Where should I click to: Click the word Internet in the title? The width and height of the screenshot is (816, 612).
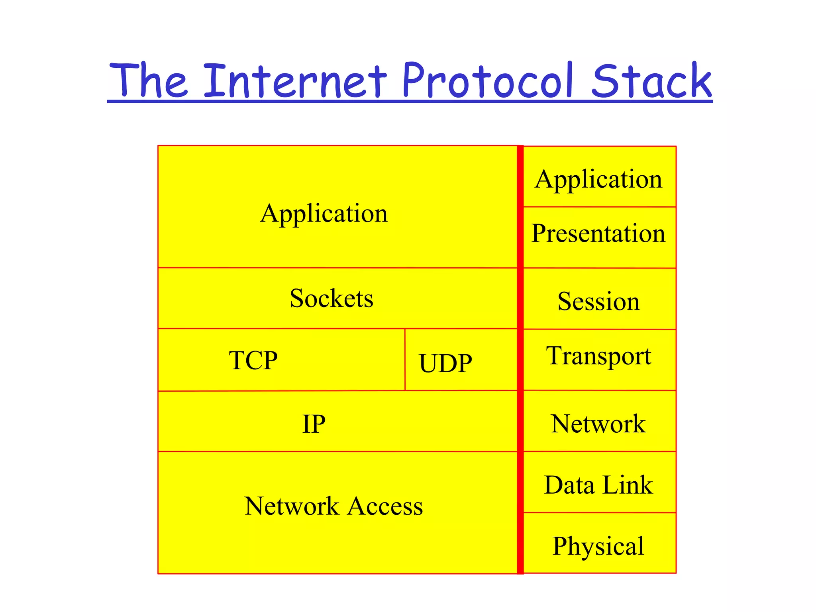295,82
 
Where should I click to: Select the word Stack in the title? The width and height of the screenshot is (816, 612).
651,82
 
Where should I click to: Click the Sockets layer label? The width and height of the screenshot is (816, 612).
331,298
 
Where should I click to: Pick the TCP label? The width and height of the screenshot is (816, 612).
253,360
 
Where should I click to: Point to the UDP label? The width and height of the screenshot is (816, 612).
445,363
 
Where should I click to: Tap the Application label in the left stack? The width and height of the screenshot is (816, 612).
324,214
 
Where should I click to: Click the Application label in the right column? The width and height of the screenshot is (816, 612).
598,179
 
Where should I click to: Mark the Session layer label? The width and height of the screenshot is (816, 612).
598,301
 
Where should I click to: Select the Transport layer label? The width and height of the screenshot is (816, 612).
598,356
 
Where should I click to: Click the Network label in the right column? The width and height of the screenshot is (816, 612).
598,424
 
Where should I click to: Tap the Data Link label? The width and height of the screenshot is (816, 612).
598,485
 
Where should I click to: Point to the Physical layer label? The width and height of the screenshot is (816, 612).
598,546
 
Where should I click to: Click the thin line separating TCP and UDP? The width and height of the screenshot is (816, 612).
405,359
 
